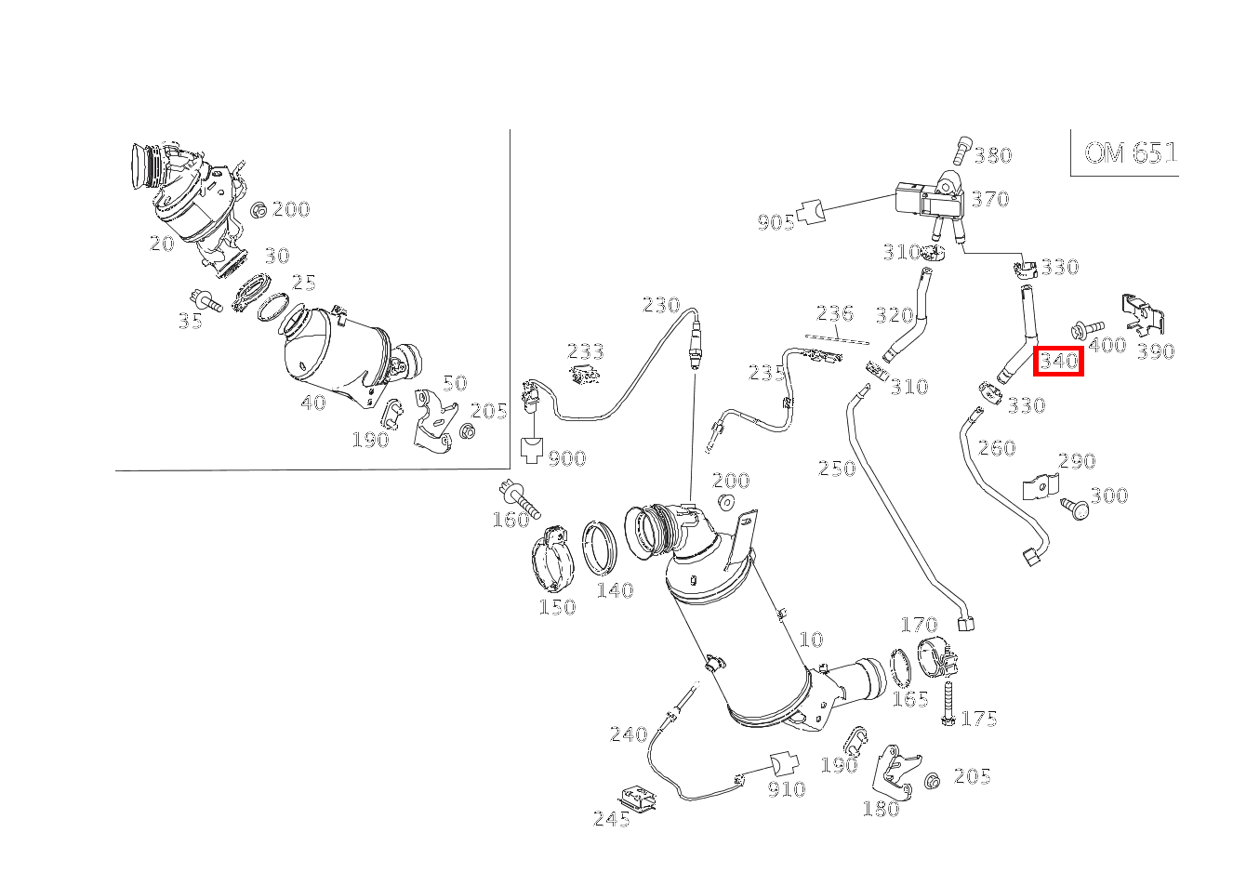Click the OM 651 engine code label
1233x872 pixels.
pyautogui.click(x=1131, y=152)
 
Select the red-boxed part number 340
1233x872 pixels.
pyautogui.click(x=1058, y=362)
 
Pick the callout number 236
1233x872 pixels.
pyautogui.click(x=834, y=313)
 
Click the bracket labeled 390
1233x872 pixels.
pyautogui.click(x=1143, y=315)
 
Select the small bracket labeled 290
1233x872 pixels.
pyautogui.click(x=1041, y=486)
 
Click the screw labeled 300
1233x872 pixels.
pyautogui.click(x=1074, y=509)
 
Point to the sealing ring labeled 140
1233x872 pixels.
pyautogui.click(x=600, y=548)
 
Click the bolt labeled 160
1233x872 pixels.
pyautogui.click(x=519, y=499)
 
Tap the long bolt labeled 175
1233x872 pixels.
pyautogui.click(x=948, y=704)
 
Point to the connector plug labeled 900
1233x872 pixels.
pyautogui.click(x=532, y=450)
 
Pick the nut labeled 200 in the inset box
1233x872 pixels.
pyautogui.click(x=259, y=210)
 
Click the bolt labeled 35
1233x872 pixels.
pyautogui.click(x=205, y=300)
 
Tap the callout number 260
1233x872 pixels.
pyautogui.click(x=996, y=448)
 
